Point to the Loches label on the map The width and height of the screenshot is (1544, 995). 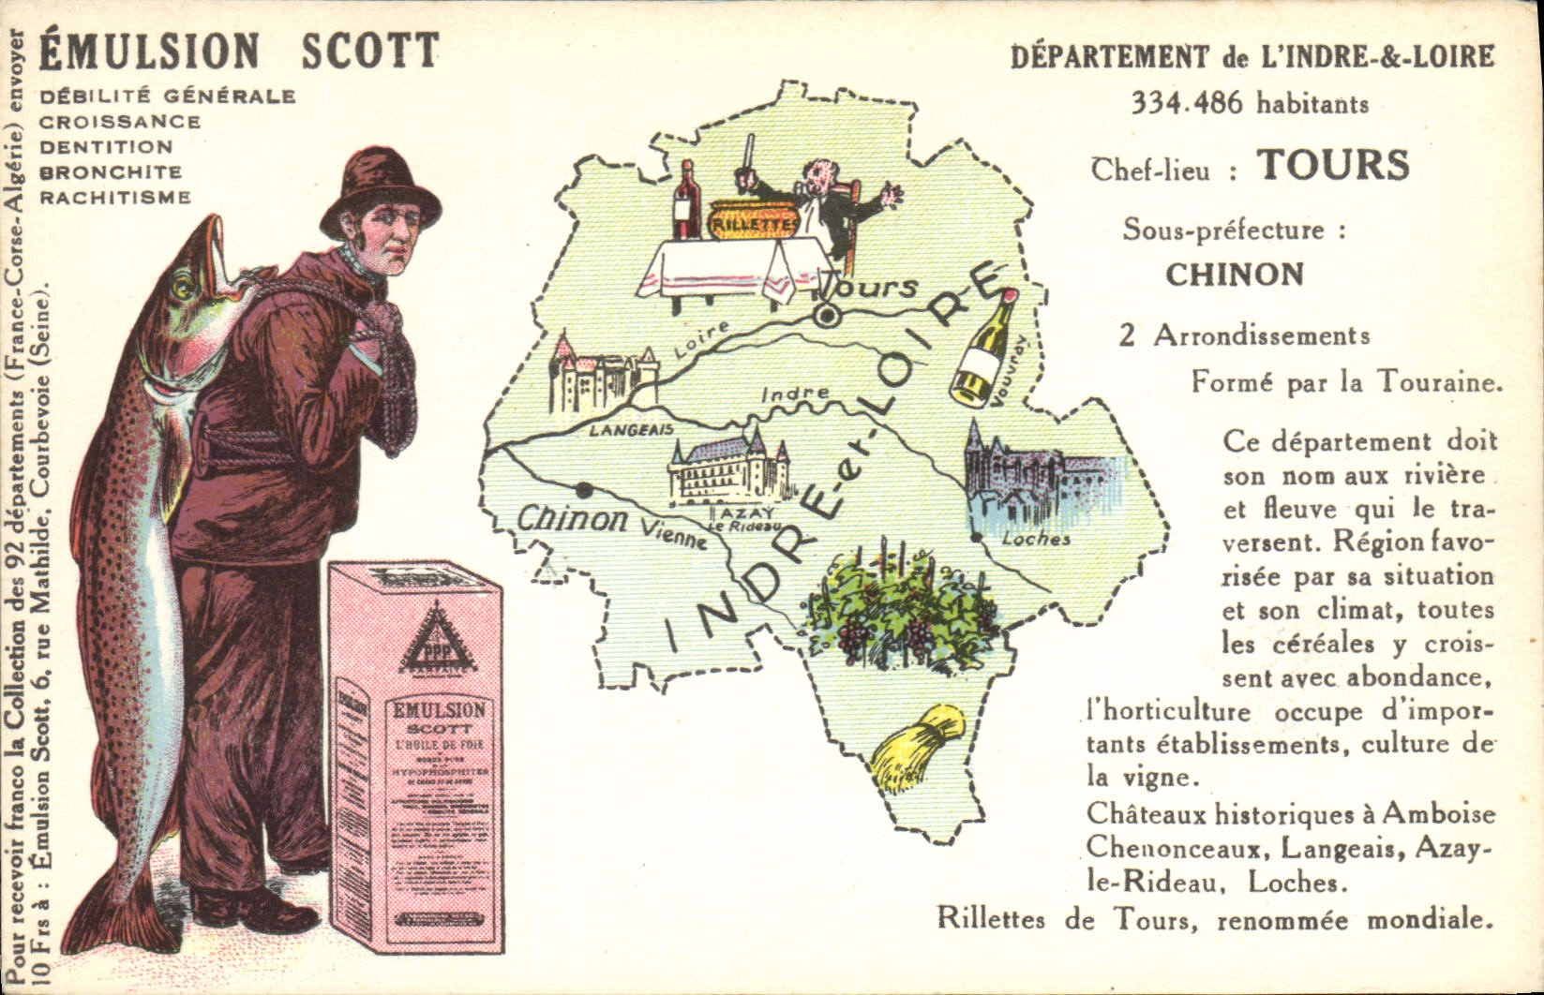click(x=1036, y=539)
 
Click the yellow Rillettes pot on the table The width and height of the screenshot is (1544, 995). click(x=753, y=220)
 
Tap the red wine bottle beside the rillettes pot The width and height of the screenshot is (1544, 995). click(x=686, y=201)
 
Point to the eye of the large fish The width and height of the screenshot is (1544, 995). click(x=184, y=281)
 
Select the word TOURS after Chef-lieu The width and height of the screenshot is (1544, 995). click(x=1333, y=165)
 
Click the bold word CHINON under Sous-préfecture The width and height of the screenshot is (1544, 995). click(x=1235, y=275)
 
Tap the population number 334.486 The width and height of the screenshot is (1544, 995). click(x=1188, y=102)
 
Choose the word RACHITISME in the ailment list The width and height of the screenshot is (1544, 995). click(x=115, y=198)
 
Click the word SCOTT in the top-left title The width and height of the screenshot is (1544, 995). click(x=369, y=52)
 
